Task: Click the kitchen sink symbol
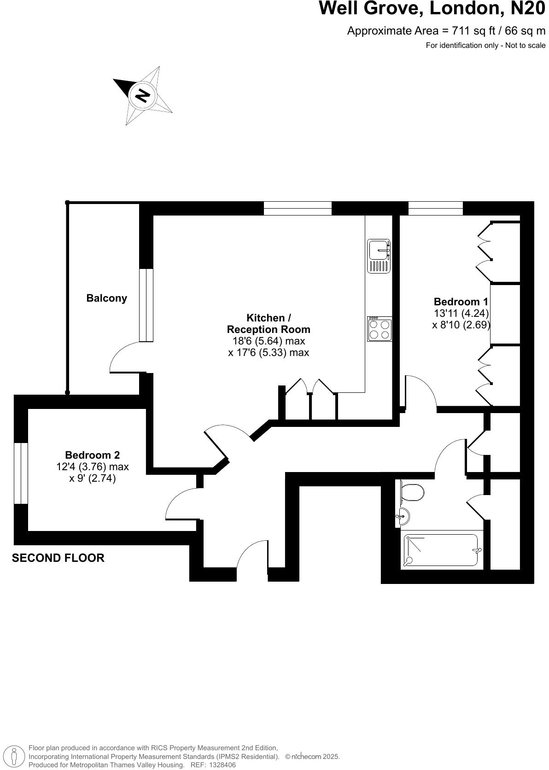pyautogui.click(x=379, y=256)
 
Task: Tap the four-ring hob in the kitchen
pyautogui.click(x=380, y=329)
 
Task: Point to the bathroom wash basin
pyautogui.click(x=402, y=517)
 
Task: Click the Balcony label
pyautogui.click(x=106, y=298)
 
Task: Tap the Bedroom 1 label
pyautogui.click(x=461, y=302)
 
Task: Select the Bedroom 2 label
pyautogui.click(x=92, y=455)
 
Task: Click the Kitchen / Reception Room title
pyautogui.click(x=269, y=323)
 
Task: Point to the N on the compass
pyautogui.click(x=142, y=95)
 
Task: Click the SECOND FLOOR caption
pyautogui.click(x=58, y=558)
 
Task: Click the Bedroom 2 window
pyautogui.click(x=21, y=473)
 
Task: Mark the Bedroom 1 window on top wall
pyautogui.click(x=435, y=208)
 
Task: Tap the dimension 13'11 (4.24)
pyautogui.click(x=461, y=313)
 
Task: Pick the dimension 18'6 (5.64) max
pyautogui.click(x=269, y=341)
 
